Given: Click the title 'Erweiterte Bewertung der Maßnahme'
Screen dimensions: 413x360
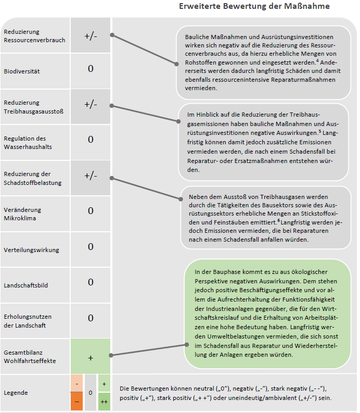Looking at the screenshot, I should (254, 6).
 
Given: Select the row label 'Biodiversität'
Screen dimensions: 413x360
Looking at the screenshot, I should (22, 71).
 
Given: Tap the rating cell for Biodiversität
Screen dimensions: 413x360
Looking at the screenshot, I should (91, 69).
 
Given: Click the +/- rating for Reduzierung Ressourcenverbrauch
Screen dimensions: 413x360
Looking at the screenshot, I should (91, 35).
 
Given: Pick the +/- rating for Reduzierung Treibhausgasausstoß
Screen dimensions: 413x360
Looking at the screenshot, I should (91, 104).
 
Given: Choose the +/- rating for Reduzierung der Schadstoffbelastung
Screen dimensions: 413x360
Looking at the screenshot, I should (91, 176).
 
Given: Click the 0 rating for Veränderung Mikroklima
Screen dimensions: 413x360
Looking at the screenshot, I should (91, 211).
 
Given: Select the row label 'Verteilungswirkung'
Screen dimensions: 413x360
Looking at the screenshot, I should (32, 250).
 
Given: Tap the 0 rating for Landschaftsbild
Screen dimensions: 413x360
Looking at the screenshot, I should (91, 282).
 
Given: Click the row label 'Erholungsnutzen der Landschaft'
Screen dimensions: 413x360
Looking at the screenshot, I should (28, 321).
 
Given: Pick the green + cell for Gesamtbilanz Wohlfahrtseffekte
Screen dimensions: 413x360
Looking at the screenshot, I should (91, 358).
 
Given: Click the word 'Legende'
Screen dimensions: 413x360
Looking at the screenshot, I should (16, 393).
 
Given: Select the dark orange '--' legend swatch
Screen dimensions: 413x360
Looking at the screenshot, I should (76, 402).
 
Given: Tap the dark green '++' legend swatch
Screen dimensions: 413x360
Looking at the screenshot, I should (104, 402).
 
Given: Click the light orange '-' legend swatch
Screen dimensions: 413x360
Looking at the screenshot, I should (76, 384).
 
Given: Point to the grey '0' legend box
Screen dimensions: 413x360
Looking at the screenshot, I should (91, 393).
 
